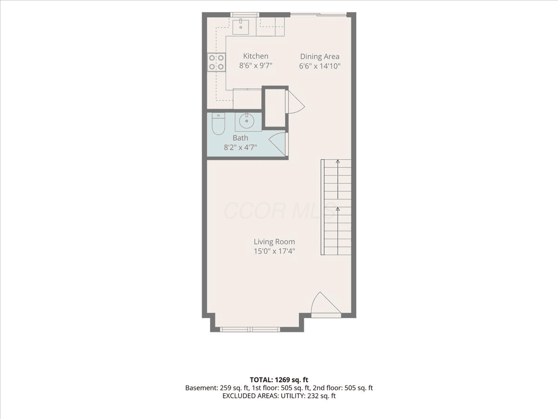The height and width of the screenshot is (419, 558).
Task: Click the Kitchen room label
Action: (x=255, y=56)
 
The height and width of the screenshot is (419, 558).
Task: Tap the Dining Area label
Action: (x=319, y=56)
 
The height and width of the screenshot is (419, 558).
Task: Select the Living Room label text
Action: (x=274, y=242)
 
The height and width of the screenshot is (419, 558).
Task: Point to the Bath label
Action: (x=240, y=138)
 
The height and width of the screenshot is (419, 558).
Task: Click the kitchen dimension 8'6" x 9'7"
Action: (x=255, y=66)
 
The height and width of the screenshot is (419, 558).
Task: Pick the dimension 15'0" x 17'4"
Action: (x=274, y=251)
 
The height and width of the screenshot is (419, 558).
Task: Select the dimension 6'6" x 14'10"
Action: (x=319, y=66)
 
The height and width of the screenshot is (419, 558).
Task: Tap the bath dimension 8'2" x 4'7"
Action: (x=240, y=147)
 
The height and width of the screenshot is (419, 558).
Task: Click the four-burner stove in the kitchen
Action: (x=216, y=62)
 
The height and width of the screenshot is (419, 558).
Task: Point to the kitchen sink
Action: (x=241, y=27)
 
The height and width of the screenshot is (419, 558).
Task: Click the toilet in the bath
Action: (x=219, y=124)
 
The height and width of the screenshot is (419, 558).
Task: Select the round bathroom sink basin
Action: (x=246, y=121)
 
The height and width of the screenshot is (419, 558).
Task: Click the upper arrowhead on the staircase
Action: (x=338, y=161)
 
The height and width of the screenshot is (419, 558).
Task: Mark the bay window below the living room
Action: (x=250, y=330)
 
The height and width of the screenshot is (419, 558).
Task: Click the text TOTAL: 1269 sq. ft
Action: (x=279, y=380)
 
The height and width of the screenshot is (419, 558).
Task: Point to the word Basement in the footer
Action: (x=200, y=388)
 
